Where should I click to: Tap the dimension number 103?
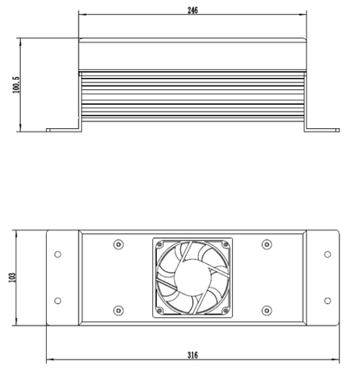(12, 276)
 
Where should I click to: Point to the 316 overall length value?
(193, 355)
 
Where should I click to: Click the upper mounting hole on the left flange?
(58, 254)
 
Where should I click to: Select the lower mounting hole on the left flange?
(58, 300)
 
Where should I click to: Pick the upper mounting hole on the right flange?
(326, 254)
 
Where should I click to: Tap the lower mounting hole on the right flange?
(326, 300)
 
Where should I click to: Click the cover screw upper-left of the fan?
(119, 243)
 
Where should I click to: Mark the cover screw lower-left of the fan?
(119, 310)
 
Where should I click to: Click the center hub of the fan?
(192, 277)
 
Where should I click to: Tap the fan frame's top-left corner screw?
(160, 245)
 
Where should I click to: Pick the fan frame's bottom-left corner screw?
(160, 309)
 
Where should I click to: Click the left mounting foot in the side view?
(62, 130)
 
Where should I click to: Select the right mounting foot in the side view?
(322, 130)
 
